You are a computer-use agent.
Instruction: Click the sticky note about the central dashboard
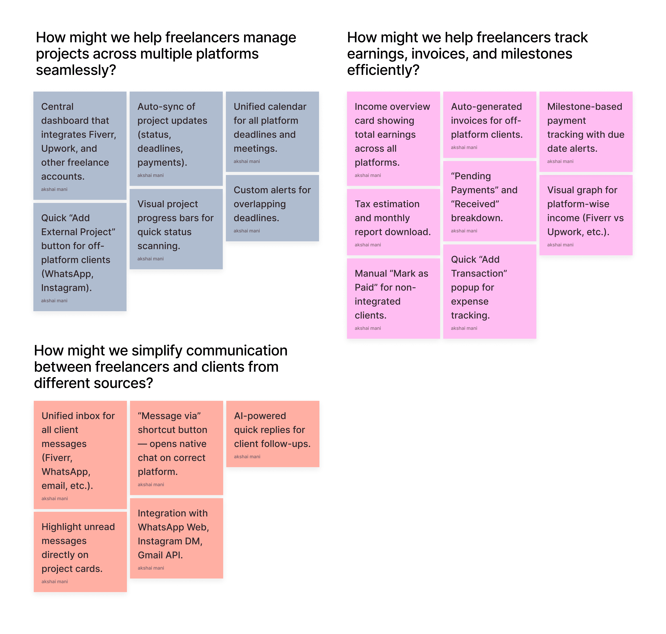80,145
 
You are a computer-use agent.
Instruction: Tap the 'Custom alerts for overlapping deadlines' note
272,208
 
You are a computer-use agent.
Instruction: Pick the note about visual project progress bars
176,229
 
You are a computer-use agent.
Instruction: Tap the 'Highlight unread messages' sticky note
80,551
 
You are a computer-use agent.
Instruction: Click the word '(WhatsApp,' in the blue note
67,274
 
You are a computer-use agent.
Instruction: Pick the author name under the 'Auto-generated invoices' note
464,147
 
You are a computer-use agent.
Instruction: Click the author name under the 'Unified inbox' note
54,498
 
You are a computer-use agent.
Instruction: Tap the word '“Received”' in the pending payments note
475,204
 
